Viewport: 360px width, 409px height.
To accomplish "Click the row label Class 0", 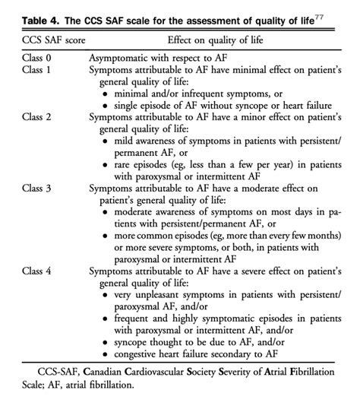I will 30,58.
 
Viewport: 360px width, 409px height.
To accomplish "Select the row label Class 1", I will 30,70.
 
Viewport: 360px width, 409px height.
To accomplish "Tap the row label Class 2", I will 30,119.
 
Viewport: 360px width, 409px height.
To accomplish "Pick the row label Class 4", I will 30,269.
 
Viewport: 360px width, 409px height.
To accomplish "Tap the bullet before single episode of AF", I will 104,106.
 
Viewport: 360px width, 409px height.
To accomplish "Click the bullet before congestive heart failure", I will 104,354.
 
